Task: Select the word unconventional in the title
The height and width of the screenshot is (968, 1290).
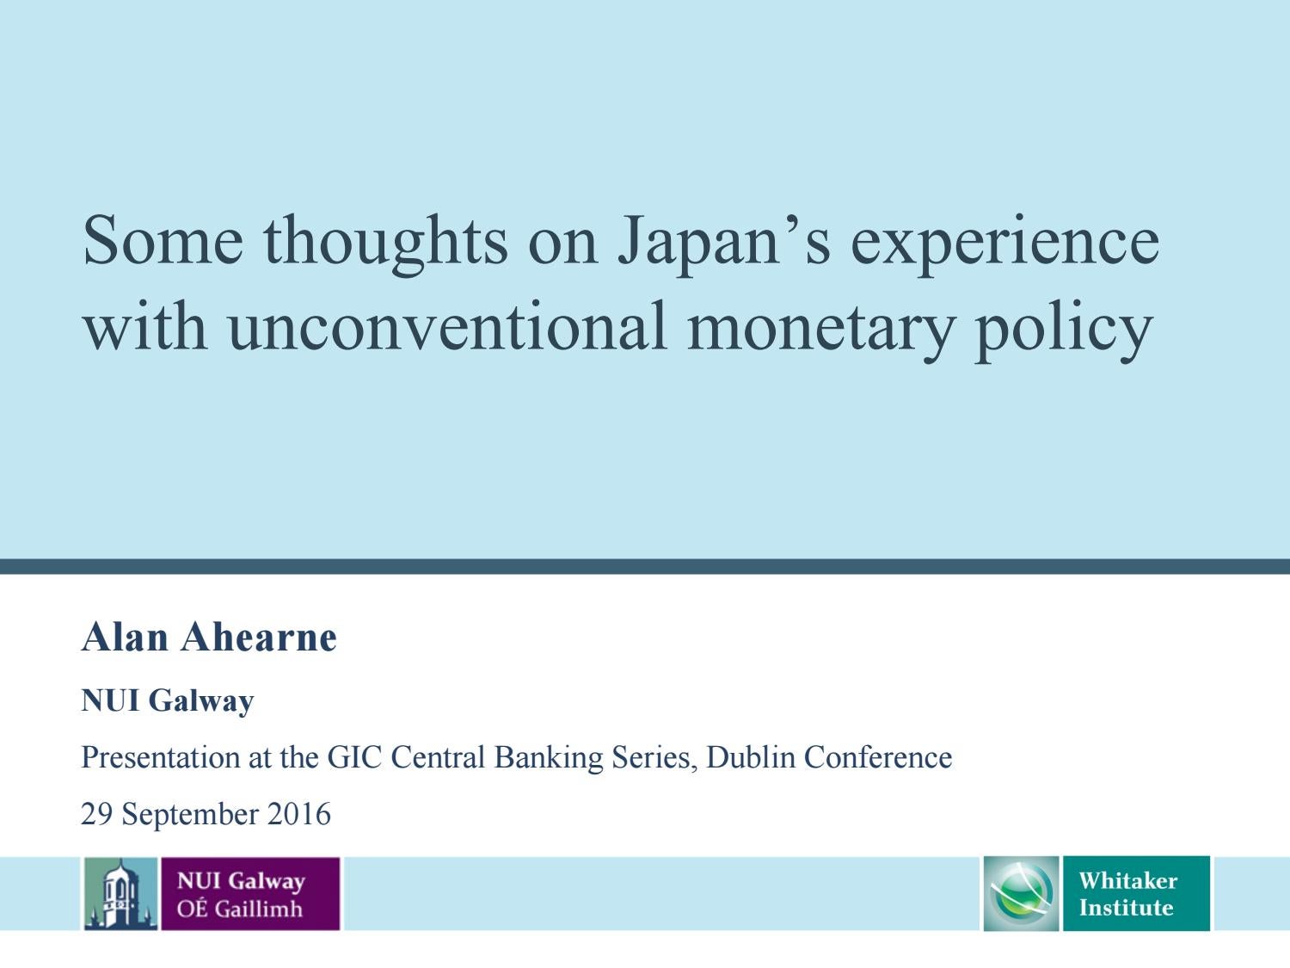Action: (447, 327)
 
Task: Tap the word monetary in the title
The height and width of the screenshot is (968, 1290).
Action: (820, 327)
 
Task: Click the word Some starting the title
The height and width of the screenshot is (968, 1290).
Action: (163, 241)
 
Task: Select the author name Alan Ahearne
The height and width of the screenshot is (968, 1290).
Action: (209, 638)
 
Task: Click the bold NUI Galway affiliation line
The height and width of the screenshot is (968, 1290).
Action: (168, 700)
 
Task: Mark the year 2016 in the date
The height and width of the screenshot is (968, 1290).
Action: (299, 814)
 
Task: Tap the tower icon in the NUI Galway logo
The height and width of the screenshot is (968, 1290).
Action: (120, 894)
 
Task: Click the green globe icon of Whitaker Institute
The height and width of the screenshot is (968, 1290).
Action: (1022, 894)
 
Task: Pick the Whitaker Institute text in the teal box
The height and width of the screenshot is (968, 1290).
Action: (1127, 894)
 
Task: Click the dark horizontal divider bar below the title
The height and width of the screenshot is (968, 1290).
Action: (645, 566)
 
